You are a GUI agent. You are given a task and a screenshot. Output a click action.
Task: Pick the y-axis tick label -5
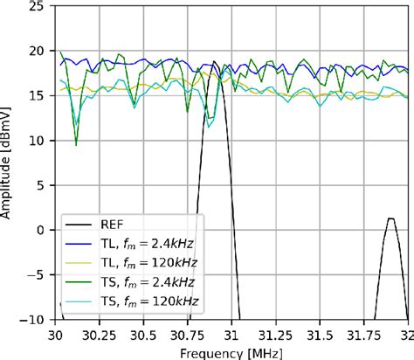(39, 275)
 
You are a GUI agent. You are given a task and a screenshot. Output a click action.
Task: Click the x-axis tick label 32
(407, 335)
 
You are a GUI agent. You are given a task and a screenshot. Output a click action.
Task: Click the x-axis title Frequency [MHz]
(232, 352)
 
